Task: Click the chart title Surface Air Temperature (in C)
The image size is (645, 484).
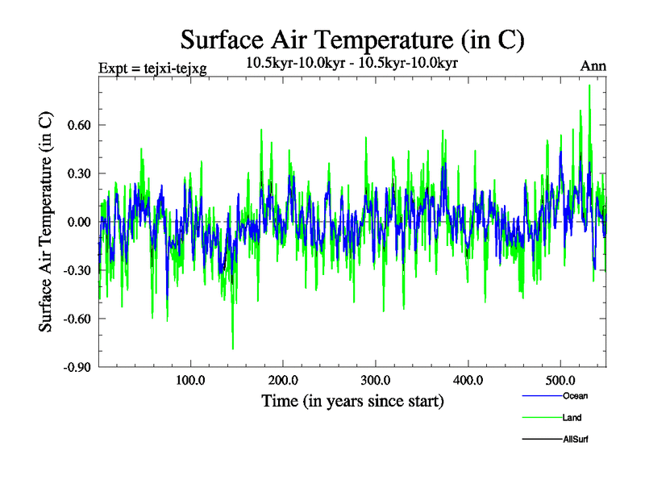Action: click(352, 40)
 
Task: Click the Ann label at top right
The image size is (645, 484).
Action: click(593, 67)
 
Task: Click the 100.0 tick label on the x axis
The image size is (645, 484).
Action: click(190, 381)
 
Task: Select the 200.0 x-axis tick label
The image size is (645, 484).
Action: click(283, 381)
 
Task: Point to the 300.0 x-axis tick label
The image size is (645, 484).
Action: click(376, 381)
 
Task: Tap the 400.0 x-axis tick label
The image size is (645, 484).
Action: click(468, 381)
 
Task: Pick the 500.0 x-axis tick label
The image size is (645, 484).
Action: click(561, 381)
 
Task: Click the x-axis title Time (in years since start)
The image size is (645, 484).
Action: click(352, 401)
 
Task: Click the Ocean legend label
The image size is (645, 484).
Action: click(576, 395)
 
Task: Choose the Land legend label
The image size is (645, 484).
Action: click(572, 418)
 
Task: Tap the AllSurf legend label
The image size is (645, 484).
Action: click(577, 440)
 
